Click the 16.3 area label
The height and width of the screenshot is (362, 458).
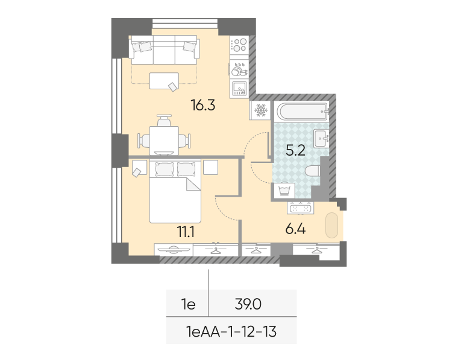[202, 105]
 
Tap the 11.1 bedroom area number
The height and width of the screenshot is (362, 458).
[186, 232]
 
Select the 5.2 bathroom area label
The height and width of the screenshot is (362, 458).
[295, 151]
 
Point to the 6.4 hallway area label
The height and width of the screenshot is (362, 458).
[295, 229]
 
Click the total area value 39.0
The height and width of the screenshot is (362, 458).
[248, 305]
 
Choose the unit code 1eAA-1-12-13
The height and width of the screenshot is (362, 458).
[231, 332]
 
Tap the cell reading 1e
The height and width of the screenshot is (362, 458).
[189, 305]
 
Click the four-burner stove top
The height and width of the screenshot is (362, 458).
[239, 45]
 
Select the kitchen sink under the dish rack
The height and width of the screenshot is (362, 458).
[239, 89]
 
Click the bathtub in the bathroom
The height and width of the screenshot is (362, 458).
[301, 111]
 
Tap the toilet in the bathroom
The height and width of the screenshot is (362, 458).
[313, 171]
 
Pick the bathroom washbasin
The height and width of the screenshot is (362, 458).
[321, 139]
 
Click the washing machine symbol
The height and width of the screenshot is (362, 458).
[283, 191]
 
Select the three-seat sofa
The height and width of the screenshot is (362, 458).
[164, 49]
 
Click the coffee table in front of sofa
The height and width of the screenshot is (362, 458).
[164, 81]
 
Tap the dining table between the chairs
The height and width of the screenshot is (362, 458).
[164, 141]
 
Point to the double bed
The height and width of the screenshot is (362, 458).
[175, 191]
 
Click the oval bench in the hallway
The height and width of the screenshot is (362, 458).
[332, 225]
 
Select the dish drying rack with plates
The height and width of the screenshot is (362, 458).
[239, 69]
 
